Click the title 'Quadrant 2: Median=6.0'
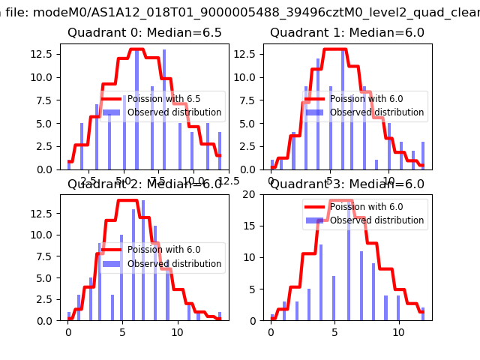[145, 184]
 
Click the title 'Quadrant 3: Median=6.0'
[347, 184]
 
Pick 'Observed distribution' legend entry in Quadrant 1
[378, 112]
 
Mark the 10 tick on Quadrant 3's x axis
[388, 331]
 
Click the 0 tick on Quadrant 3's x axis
[271, 331]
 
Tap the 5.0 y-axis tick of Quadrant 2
[49, 277]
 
